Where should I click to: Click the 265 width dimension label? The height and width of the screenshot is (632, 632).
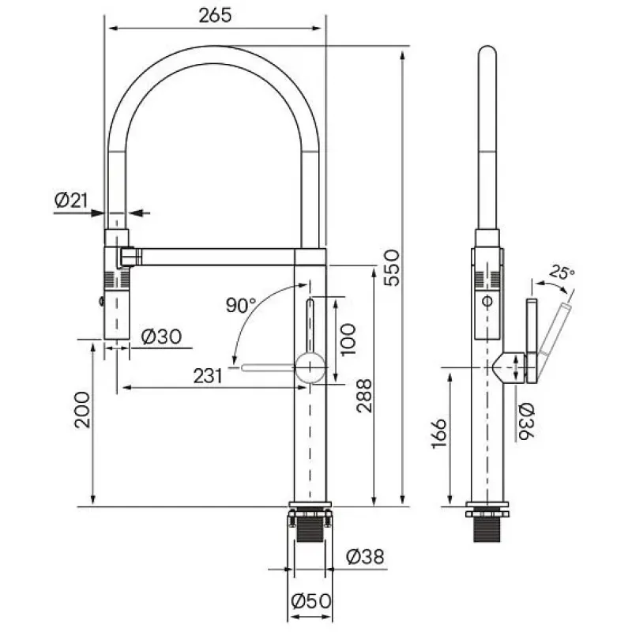tap(215, 15)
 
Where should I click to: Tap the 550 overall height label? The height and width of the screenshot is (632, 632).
tap(391, 268)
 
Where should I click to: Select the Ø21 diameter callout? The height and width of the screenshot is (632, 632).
tap(71, 201)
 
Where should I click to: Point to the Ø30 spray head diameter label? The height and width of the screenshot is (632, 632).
tap(161, 337)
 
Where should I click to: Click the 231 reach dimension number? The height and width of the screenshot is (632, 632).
tap(208, 376)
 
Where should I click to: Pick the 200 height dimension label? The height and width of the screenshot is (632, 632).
tap(83, 409)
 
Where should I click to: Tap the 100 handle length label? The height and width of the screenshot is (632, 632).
tap(348, 340)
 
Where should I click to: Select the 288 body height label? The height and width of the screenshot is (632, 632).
tap(364, 396)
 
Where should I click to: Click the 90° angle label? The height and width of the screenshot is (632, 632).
tap(241, 305)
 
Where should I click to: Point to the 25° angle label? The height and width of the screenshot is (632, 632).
tap(562, 273)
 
